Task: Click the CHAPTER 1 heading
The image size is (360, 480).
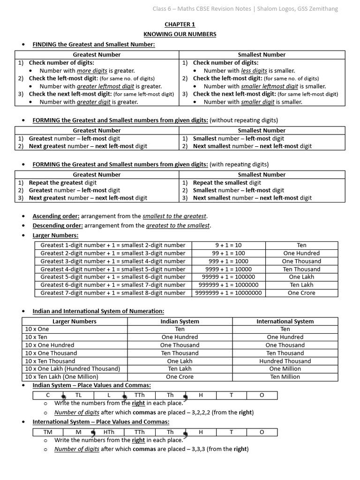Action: click(x=180, y=24)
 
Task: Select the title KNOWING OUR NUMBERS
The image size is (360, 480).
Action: click(x=180, y=34)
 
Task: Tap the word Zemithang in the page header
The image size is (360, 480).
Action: click(x=322, y=8)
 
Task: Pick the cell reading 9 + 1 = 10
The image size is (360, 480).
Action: click(x=229, y=245)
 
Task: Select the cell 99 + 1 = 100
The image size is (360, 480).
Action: click(x=229, y=253)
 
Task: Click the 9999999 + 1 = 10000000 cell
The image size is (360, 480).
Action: click(x=229, y=293)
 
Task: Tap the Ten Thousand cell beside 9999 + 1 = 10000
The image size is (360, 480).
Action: click(x=301, y=269)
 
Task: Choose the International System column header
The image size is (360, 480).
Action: click(x=285, y=321)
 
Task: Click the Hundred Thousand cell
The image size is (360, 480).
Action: click(x=285, y=361)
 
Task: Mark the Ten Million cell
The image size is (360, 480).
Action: click(x=285, y=377)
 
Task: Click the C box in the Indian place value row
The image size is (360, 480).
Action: click(x=48, y=395)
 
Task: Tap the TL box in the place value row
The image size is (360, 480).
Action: click(x=78, y=395)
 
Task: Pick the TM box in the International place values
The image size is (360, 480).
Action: click(x=48, y=432)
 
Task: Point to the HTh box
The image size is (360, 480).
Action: click(x=109, y=432)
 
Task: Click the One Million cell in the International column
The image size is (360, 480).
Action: click(x=285, y=369)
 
